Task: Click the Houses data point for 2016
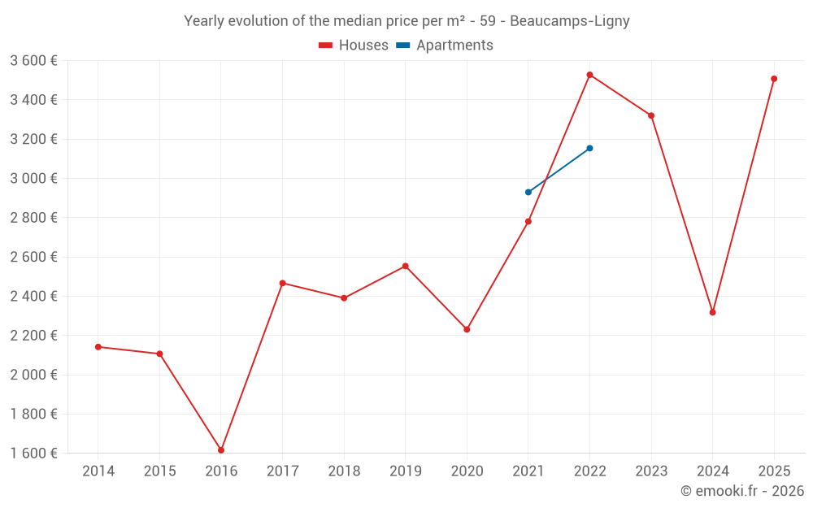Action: [x=221, y=450]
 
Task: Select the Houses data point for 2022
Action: [x=589, y=75]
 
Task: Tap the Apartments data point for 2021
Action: [x=528, y=192]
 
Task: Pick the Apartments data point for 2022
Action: [x=589, y=148]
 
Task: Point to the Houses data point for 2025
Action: [x=774, y=79]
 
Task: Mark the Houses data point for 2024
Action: [x=712, y=312]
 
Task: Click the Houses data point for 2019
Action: [x=405, y=266]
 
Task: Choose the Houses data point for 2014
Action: [x=98, y=347]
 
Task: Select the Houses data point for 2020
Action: [x=467, y=329]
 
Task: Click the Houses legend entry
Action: [x=354, y=46]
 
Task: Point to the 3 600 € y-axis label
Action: [x=34, y=61]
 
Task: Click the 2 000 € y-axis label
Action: [x=34, y=375]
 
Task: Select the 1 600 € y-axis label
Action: [x=34, y=454]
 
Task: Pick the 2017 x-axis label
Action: [x=282, y=471]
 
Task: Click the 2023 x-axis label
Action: [x=651, y=471]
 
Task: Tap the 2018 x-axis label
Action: [x=344, y=471]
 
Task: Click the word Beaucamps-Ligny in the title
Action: [x=569, y=21]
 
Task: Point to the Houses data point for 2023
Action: [x=651, y=115]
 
